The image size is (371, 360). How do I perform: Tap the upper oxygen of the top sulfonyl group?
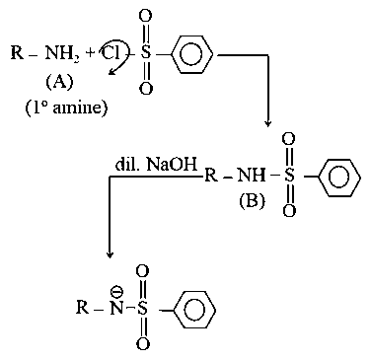point(146,17)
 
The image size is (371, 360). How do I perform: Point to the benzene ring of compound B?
point(337,179)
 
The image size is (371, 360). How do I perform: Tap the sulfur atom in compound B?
point(289,179)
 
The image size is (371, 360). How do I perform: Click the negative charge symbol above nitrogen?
point(114,292)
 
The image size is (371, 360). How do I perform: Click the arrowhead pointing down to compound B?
point(267,124)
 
